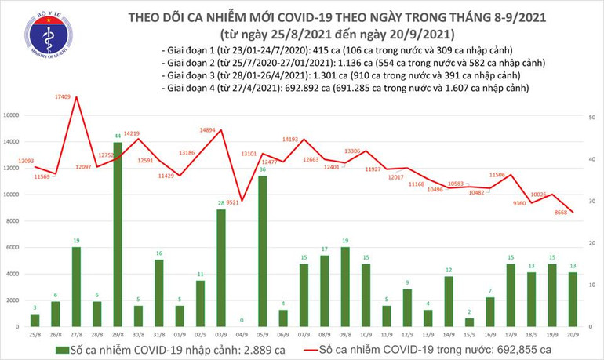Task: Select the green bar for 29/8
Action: pyautogui.click(x=118, y=234)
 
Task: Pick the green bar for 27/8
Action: pyautogui.click(x=76, y=285)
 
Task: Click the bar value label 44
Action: pyautogui.click(x=118, y=136)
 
